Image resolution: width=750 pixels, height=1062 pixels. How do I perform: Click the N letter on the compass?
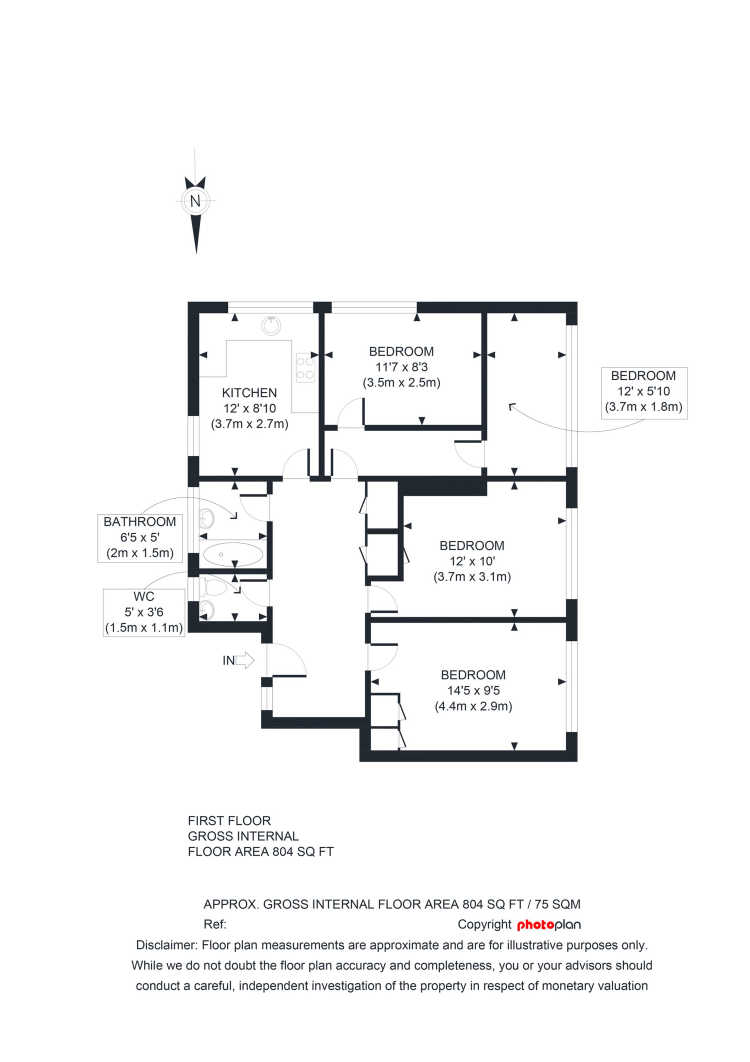[x=196, y=201]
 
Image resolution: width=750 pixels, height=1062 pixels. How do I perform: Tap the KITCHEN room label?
[x=250, y=393]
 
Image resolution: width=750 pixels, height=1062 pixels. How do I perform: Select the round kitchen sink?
[x=271, y=326]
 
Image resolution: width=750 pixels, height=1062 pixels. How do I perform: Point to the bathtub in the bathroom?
[x=233, y=554]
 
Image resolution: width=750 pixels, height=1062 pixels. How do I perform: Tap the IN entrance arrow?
[x=245, y=660]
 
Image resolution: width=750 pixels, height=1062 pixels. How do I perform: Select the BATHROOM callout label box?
[x=140, y=538]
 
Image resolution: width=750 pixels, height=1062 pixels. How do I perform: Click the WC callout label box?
[x=144, y=613]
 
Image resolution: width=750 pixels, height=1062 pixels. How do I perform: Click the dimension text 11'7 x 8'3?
[x=401, y=367]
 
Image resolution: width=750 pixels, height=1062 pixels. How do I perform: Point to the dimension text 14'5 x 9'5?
[x=474, y=690]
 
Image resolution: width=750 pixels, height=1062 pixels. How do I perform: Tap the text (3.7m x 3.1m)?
[x=472, y=577]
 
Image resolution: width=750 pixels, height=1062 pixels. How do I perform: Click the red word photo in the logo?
[x=535, y=925]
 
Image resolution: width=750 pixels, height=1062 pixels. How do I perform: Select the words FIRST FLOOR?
[x=229, y=821]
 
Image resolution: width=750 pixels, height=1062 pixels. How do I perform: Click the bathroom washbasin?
[x=207, y=518]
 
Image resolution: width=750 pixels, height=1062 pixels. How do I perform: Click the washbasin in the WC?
[x=207, y=610]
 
